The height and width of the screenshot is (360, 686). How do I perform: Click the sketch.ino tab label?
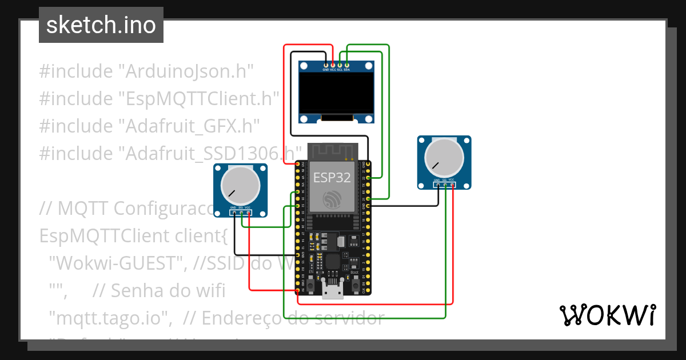101,25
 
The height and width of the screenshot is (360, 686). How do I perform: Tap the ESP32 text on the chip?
332,177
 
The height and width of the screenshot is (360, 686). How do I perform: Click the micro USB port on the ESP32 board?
332,291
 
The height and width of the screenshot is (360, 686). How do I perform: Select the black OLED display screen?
337,94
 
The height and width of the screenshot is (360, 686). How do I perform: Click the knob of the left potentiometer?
240,184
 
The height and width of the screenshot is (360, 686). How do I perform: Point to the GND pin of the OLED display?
326,66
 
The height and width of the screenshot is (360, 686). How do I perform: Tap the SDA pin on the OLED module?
346,66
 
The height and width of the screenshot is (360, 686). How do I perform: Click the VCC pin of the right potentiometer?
452,185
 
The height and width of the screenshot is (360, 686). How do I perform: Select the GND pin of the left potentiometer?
234,212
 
